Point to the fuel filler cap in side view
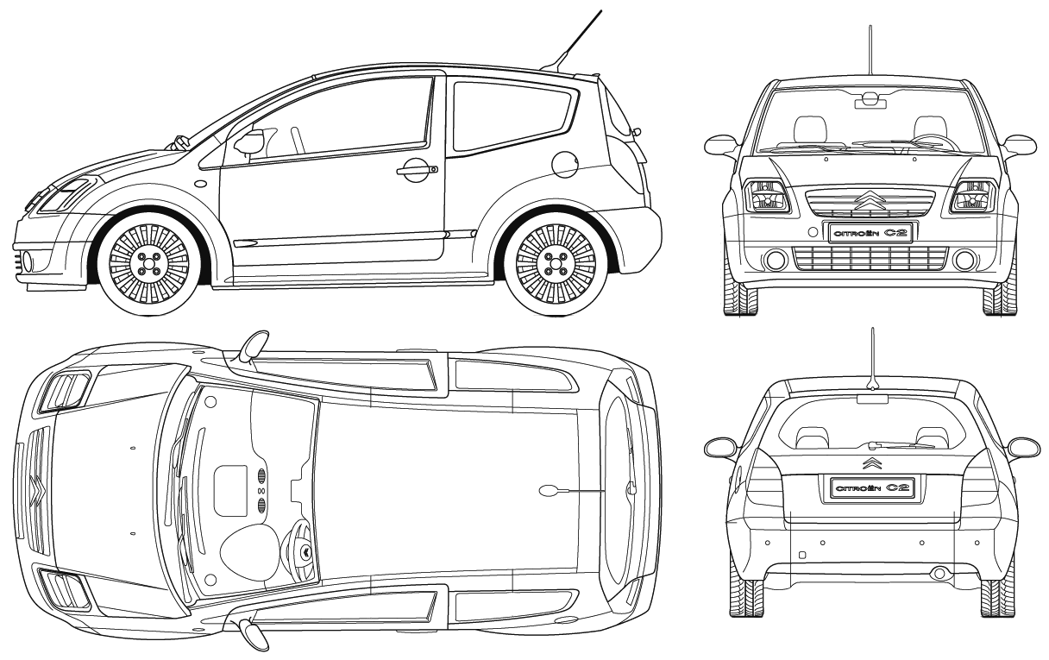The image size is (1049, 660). [565, 161]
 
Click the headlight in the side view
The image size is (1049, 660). [65, 194]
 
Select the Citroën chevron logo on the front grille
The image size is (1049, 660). [869, 202]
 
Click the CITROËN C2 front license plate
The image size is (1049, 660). [872, 231]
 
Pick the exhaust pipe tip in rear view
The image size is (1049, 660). [938, 573]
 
